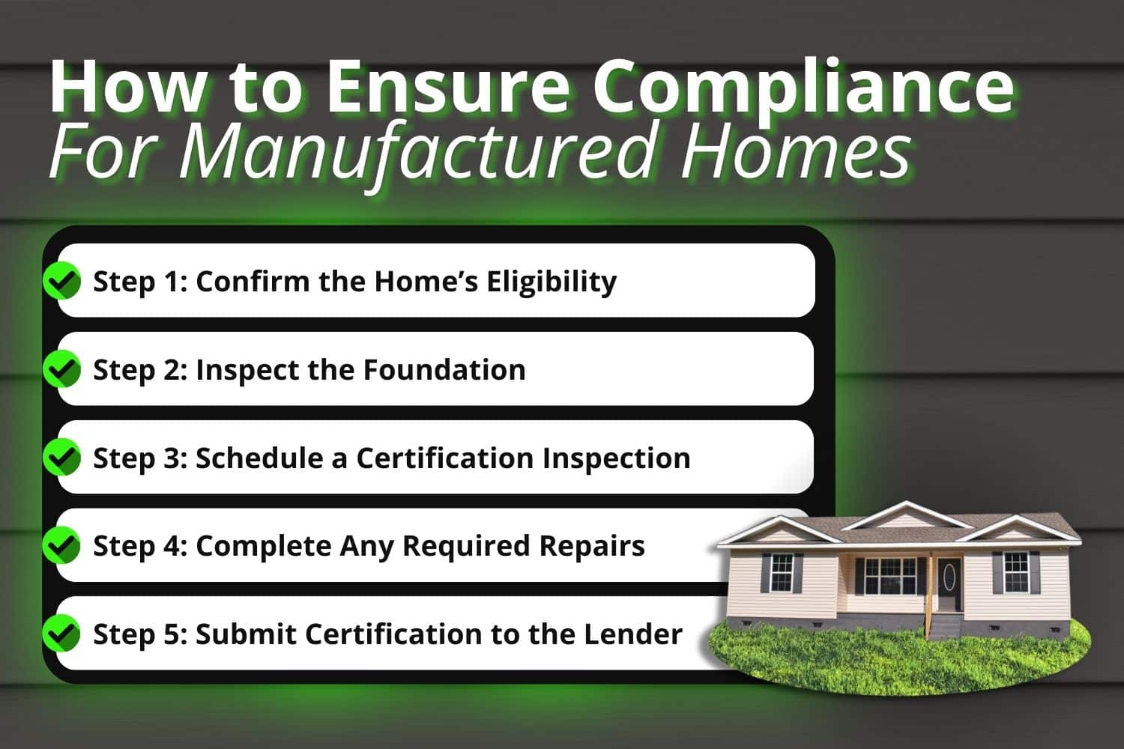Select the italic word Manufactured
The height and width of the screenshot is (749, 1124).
pos(416,154)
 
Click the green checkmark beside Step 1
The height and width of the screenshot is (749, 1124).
pos(62,281)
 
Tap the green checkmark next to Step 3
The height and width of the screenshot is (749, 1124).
pos(62,458)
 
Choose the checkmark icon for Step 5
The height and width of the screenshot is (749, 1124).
pos(62,634)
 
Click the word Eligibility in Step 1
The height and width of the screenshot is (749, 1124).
pos(552,282)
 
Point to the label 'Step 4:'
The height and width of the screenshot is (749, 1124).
pos(140,546)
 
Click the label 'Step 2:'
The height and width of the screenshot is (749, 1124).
pos(140,369)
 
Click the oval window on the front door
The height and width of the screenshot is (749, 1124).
pos(950,576)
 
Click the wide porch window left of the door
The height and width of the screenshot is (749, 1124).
pos(889,576)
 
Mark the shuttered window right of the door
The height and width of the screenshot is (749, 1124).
pos(1015,571)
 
